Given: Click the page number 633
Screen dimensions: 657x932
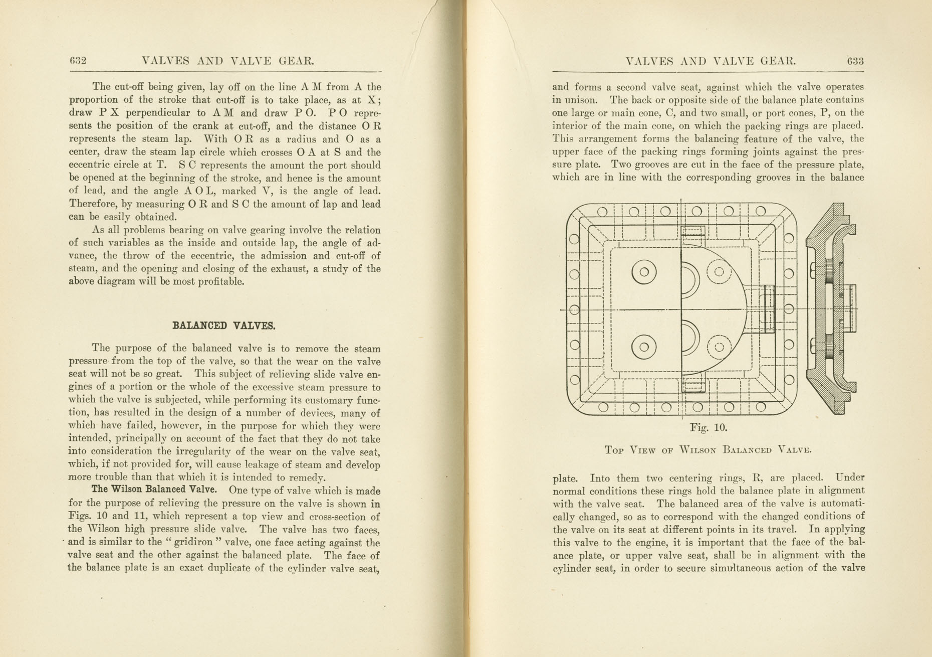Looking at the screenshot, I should tap(855, 61).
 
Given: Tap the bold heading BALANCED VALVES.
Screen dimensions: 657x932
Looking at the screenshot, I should tap(224, 325).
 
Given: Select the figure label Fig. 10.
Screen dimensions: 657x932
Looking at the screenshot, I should tap(708, 428).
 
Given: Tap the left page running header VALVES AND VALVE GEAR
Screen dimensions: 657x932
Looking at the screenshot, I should tap(228, 61).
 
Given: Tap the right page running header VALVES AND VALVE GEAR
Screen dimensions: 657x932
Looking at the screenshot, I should tap(711, 61).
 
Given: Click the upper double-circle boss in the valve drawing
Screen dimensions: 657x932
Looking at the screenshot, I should tap(644, 272).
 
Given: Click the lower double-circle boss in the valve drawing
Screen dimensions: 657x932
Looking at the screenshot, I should tap(644, 347).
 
